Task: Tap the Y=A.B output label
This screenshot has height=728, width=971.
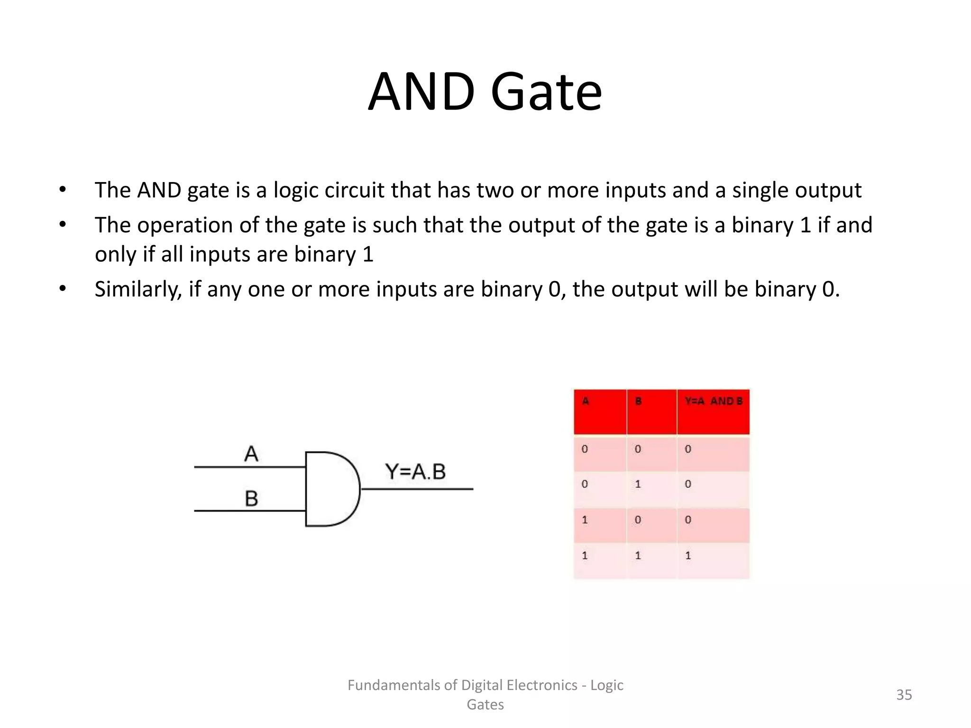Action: (x=415, y=472)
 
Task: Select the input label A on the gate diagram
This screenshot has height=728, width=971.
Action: (x=251, y=454)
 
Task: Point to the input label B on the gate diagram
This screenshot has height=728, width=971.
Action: (x=251, y=499)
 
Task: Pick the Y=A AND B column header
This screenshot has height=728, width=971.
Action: (x=713, y=401)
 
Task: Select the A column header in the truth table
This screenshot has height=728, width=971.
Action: (x=586, y=401)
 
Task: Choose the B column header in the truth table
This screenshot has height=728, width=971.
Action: (x=638, y=401)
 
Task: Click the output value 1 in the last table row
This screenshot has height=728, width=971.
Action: (x=688, y=555)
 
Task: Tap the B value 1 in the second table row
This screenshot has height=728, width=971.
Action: (x=638, y=484)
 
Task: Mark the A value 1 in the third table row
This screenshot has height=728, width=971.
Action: (x=585, y=520)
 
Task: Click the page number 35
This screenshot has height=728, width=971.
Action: (x=904, y=695)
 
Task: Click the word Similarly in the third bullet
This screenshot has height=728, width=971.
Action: (x=138, y=289)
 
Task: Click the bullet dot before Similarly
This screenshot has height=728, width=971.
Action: (x=63, y=289)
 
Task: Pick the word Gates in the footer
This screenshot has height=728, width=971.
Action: (x=485, y=705)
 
